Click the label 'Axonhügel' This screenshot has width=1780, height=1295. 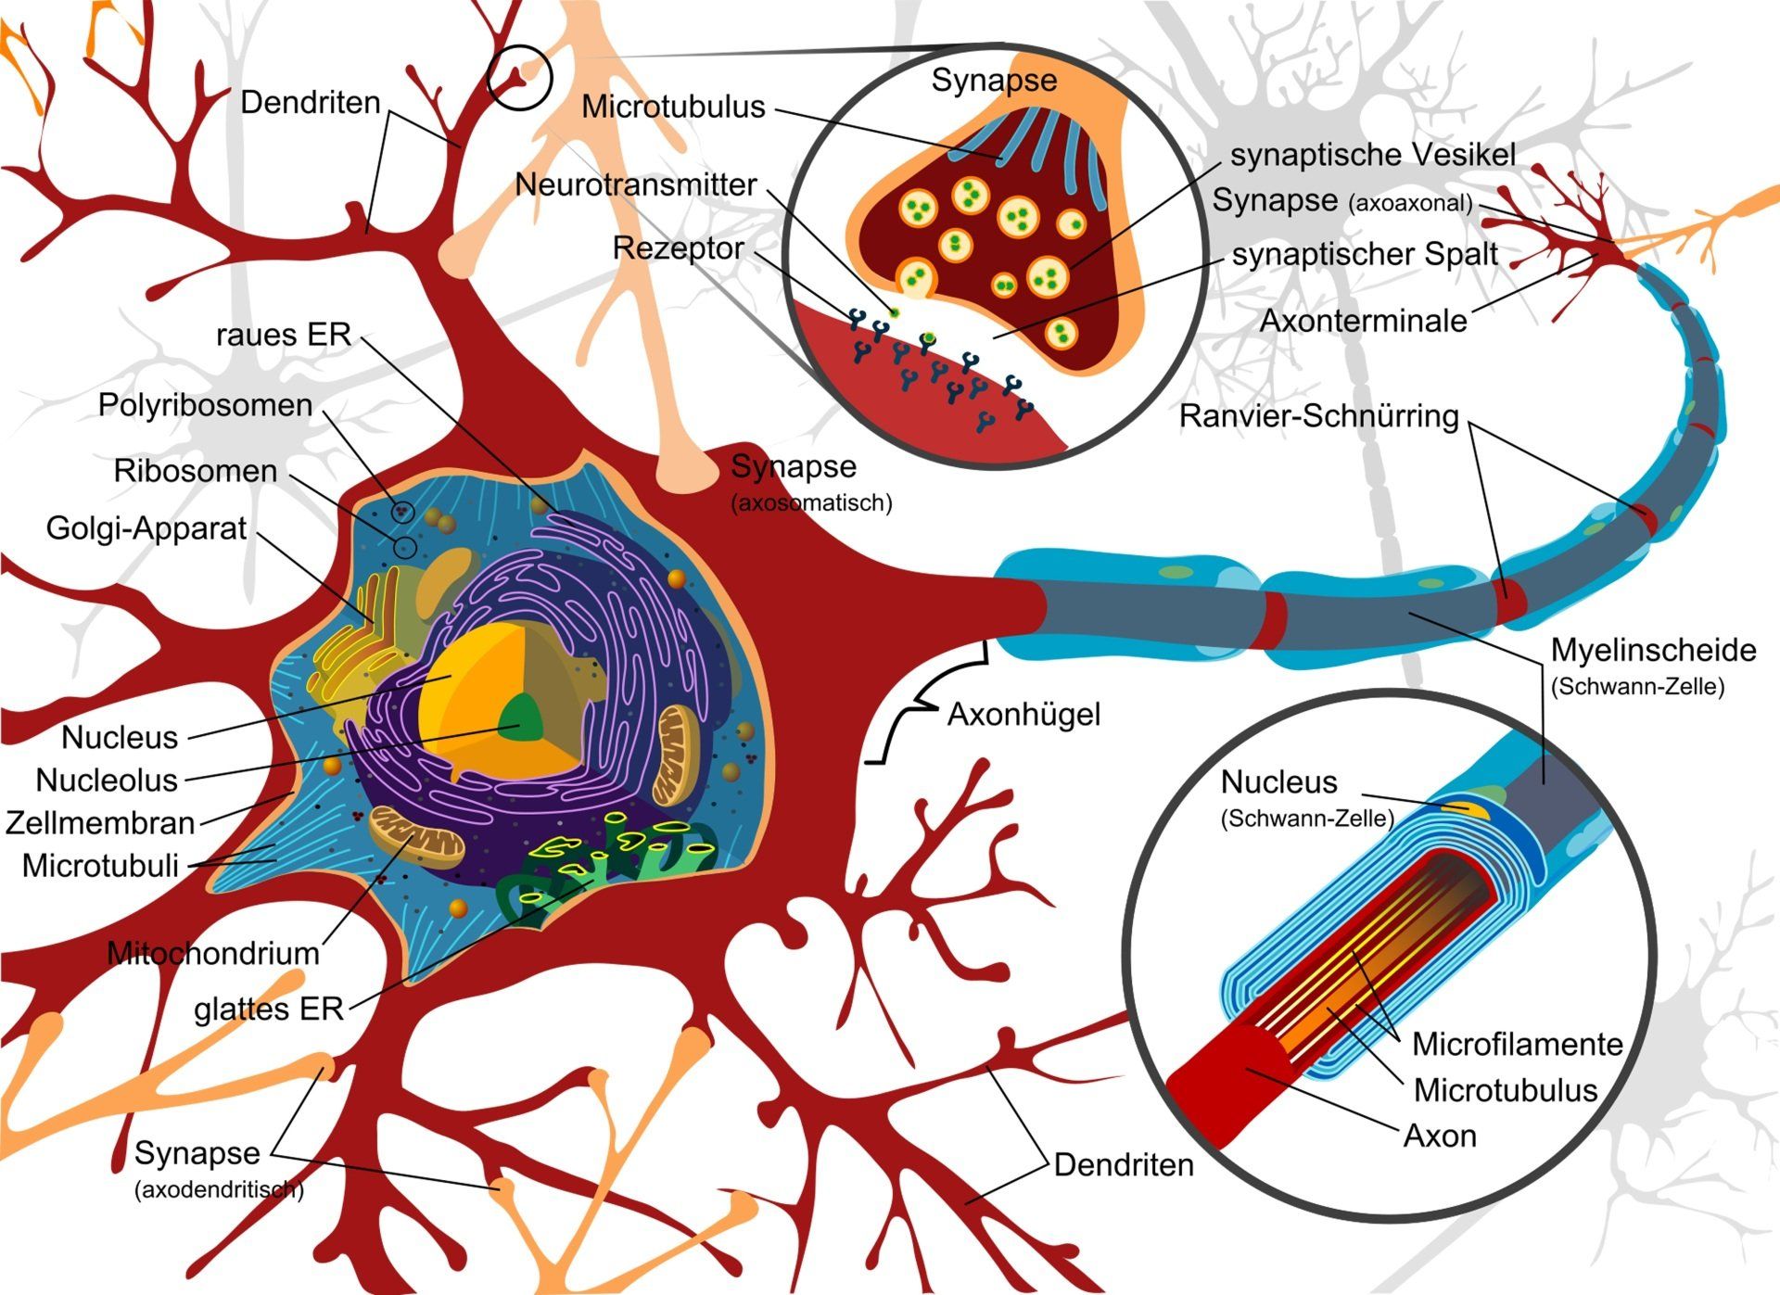coord(1023,716)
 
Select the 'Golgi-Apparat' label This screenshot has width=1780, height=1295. coord(146,528)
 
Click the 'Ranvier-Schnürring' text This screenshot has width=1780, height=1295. coord(1318,416)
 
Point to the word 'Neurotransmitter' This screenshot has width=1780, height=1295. coord(636,184)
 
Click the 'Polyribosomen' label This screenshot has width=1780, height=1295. coord(205,405)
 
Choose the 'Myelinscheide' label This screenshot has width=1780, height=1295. coord(1653,651)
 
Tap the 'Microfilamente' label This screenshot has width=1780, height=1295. coord(1517,1045)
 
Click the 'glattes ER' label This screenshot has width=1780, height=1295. coord(269,1009)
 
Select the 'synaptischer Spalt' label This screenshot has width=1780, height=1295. coord(1365,255)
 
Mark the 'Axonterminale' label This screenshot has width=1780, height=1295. coord(1363,322)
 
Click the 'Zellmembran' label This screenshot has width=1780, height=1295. coord(100,823)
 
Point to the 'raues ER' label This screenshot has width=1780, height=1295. coord(284,335)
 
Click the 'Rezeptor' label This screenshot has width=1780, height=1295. coord(678,248)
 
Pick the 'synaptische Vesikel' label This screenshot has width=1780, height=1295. coord(1373,155)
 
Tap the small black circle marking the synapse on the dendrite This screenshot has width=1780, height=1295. coord(520,78)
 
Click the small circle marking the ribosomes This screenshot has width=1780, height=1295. coord(404,547)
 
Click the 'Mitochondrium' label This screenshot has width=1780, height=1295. coord(213,954)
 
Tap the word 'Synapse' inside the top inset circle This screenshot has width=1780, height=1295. coord(994,81)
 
